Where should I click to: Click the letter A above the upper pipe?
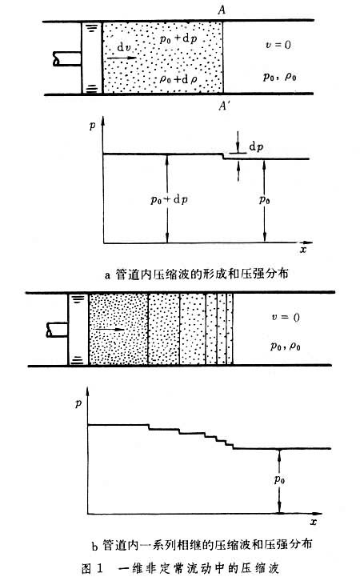222,10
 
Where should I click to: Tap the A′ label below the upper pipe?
224,106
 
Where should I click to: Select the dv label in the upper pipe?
124,47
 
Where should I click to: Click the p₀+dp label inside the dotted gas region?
178,38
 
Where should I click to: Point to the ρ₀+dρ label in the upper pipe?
178,79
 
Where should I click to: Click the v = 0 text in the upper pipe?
278,45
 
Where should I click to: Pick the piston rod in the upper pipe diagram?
67,59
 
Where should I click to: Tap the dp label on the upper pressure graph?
256,147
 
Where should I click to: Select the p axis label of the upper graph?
93,126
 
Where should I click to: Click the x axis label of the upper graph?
303,249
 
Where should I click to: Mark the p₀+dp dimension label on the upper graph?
169,200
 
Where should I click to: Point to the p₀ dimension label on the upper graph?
265,200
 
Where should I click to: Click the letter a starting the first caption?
108,275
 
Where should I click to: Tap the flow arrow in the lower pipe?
110,330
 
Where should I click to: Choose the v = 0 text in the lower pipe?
286,318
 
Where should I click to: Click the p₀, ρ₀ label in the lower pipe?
286,347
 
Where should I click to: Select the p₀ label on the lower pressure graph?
279,479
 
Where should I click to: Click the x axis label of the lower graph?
314,522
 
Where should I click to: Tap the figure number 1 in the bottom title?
99,568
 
